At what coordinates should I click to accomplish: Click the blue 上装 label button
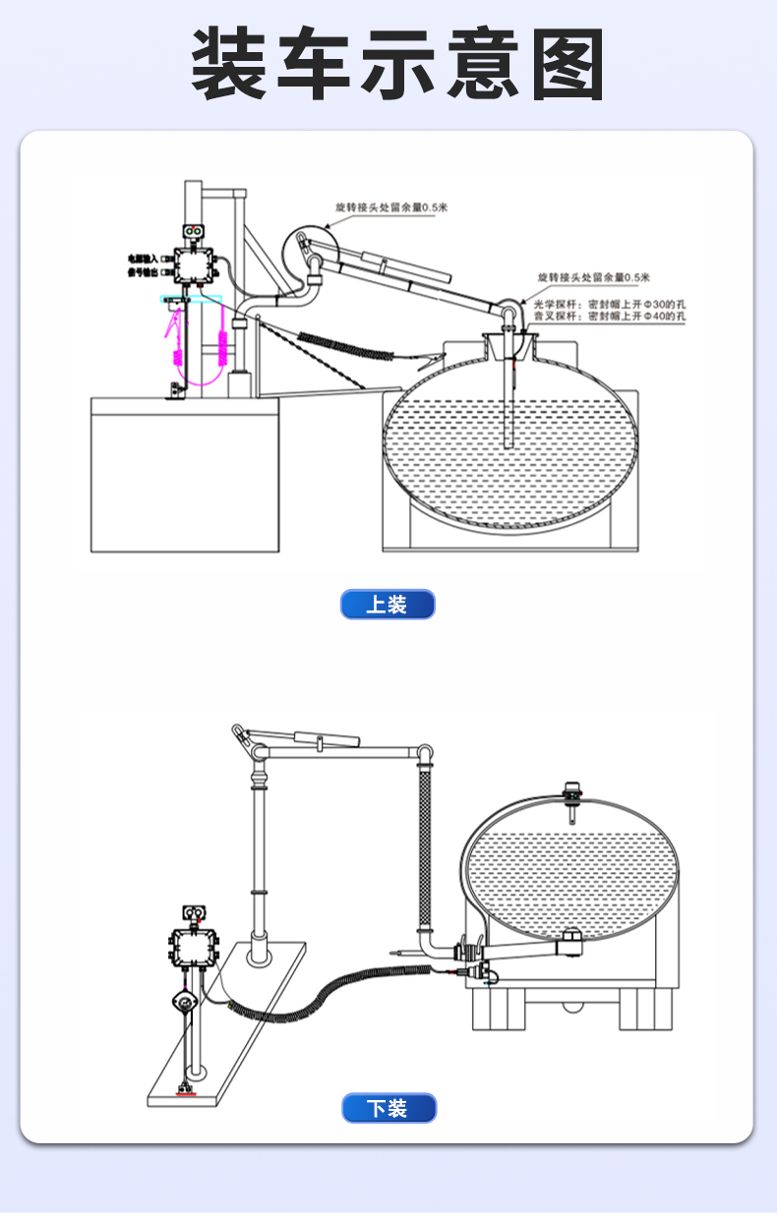(x=388, y=604)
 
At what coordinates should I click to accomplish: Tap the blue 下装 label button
(x=388, y=1108)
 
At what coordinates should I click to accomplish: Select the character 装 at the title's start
(x=229, y=65)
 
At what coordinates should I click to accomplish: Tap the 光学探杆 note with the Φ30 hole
(x=609, y=305)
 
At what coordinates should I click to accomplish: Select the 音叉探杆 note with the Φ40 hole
(x=609, y=318)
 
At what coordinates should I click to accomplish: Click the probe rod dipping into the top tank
(x=508, y=403)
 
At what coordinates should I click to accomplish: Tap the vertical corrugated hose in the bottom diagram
(x=426, y=845)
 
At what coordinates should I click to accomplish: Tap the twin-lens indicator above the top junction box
(x=196, y=232)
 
